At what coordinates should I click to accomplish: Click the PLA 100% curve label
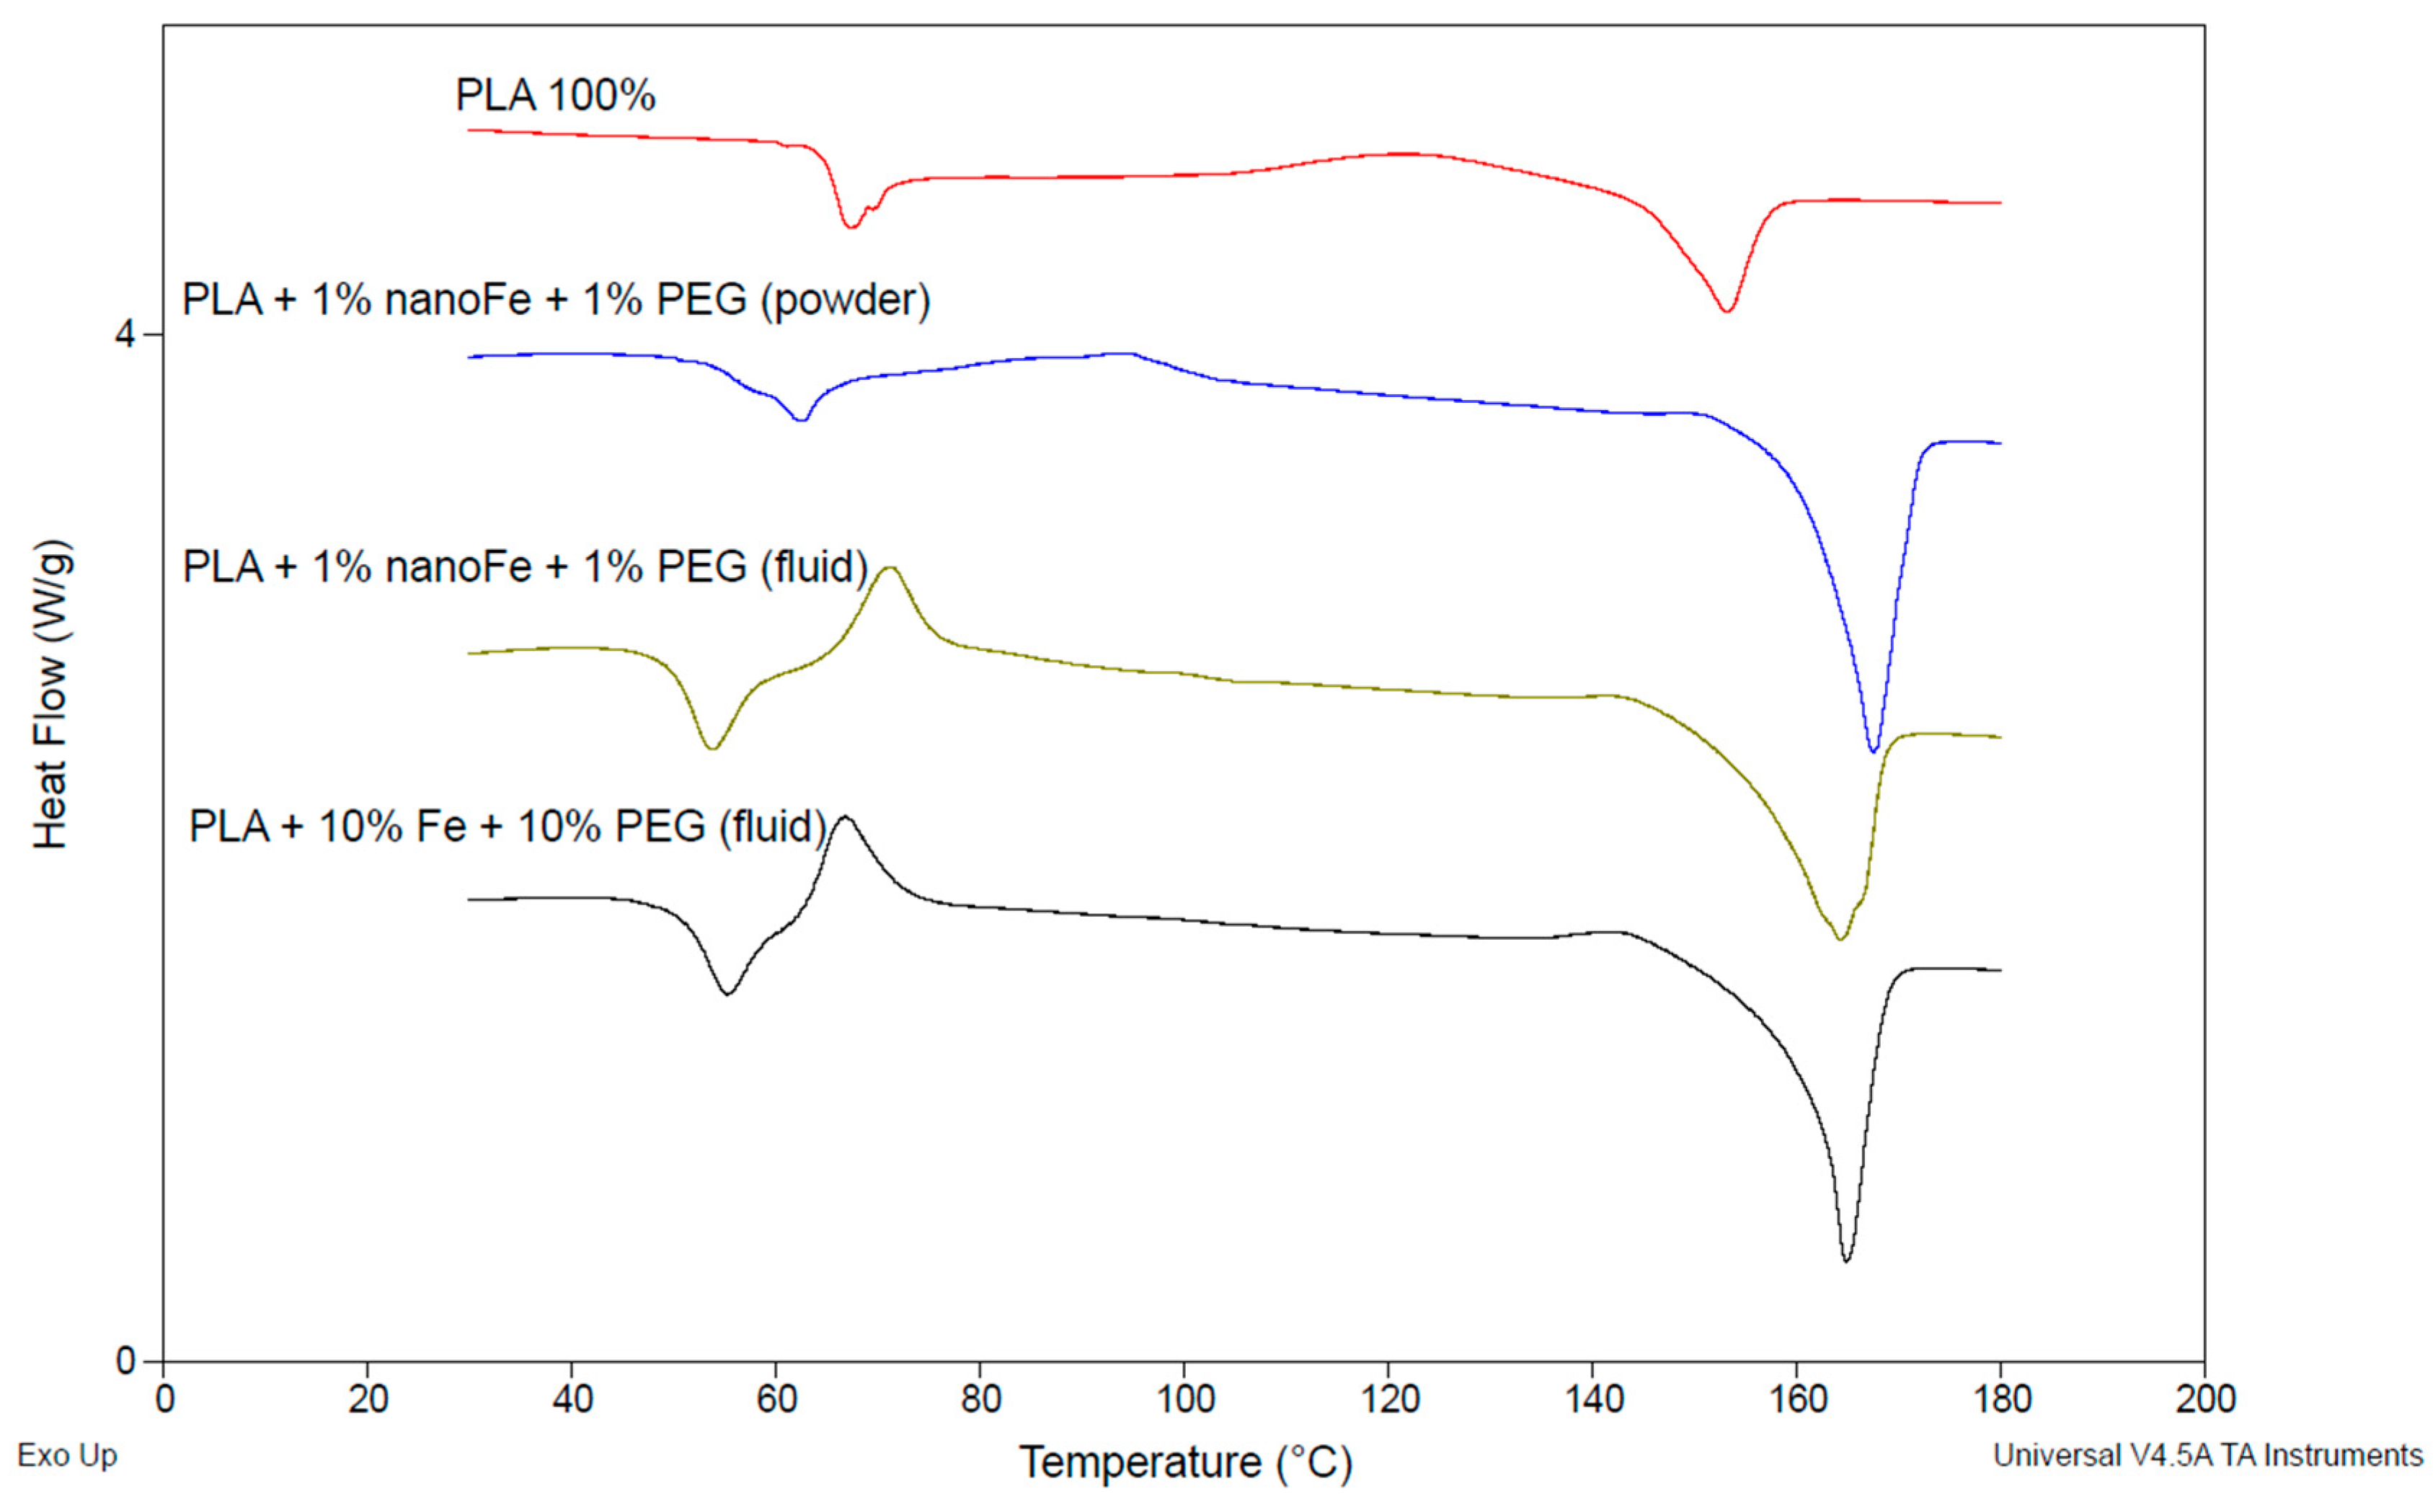point(555,96)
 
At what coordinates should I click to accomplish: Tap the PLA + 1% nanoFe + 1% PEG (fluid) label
point(526,567)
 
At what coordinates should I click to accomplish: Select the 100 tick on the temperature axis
point(1184,1400)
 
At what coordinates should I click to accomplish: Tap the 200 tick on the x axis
point(2204,1400)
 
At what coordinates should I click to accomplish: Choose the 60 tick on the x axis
point(776,1400)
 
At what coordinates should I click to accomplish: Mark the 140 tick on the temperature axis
point(1592,1400)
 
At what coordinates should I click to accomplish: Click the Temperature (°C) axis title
point(1185,1462)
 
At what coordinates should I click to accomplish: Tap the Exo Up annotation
point(67,1455)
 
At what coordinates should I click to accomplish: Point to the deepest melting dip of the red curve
point(1727,311)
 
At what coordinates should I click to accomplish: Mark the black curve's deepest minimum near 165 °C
point(1846,1261)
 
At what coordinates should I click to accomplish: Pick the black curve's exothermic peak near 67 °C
point(845,817)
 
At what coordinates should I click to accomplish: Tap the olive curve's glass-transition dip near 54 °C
point(711,747)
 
